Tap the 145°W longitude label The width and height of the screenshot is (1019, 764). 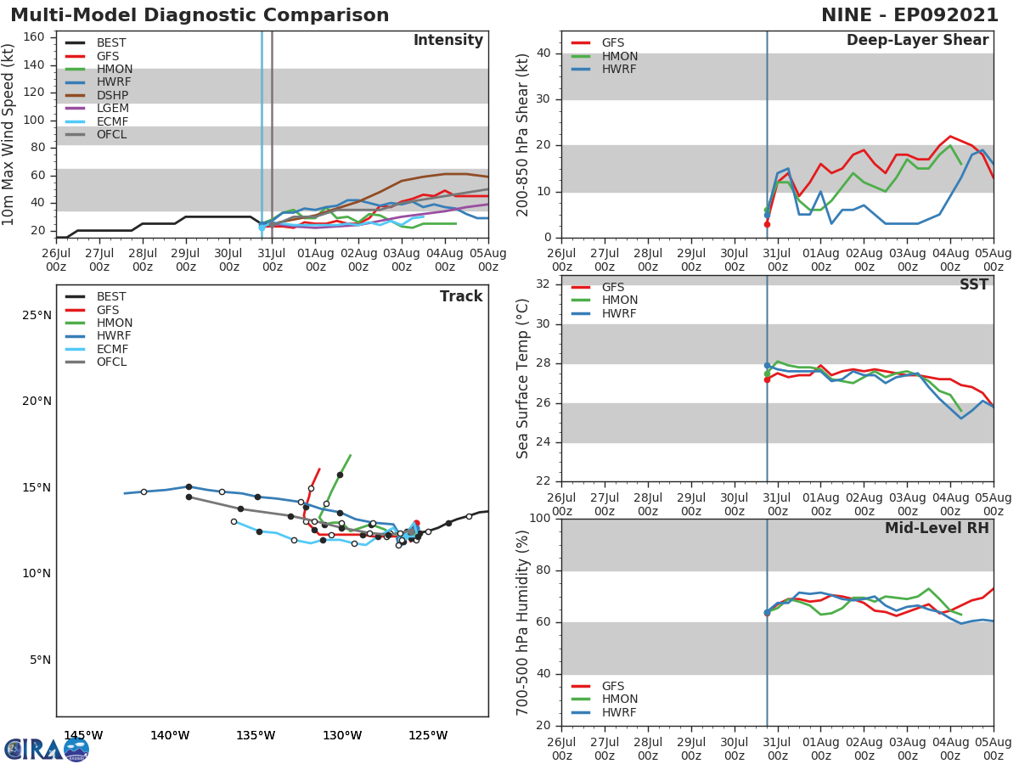(83, 735)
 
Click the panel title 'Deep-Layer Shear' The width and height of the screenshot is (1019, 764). (917, 41)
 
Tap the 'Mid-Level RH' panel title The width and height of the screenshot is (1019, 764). (937, 529)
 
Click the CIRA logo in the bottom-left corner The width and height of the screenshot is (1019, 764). (46, 749)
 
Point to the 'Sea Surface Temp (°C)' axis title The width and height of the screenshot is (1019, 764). (523, 379)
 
